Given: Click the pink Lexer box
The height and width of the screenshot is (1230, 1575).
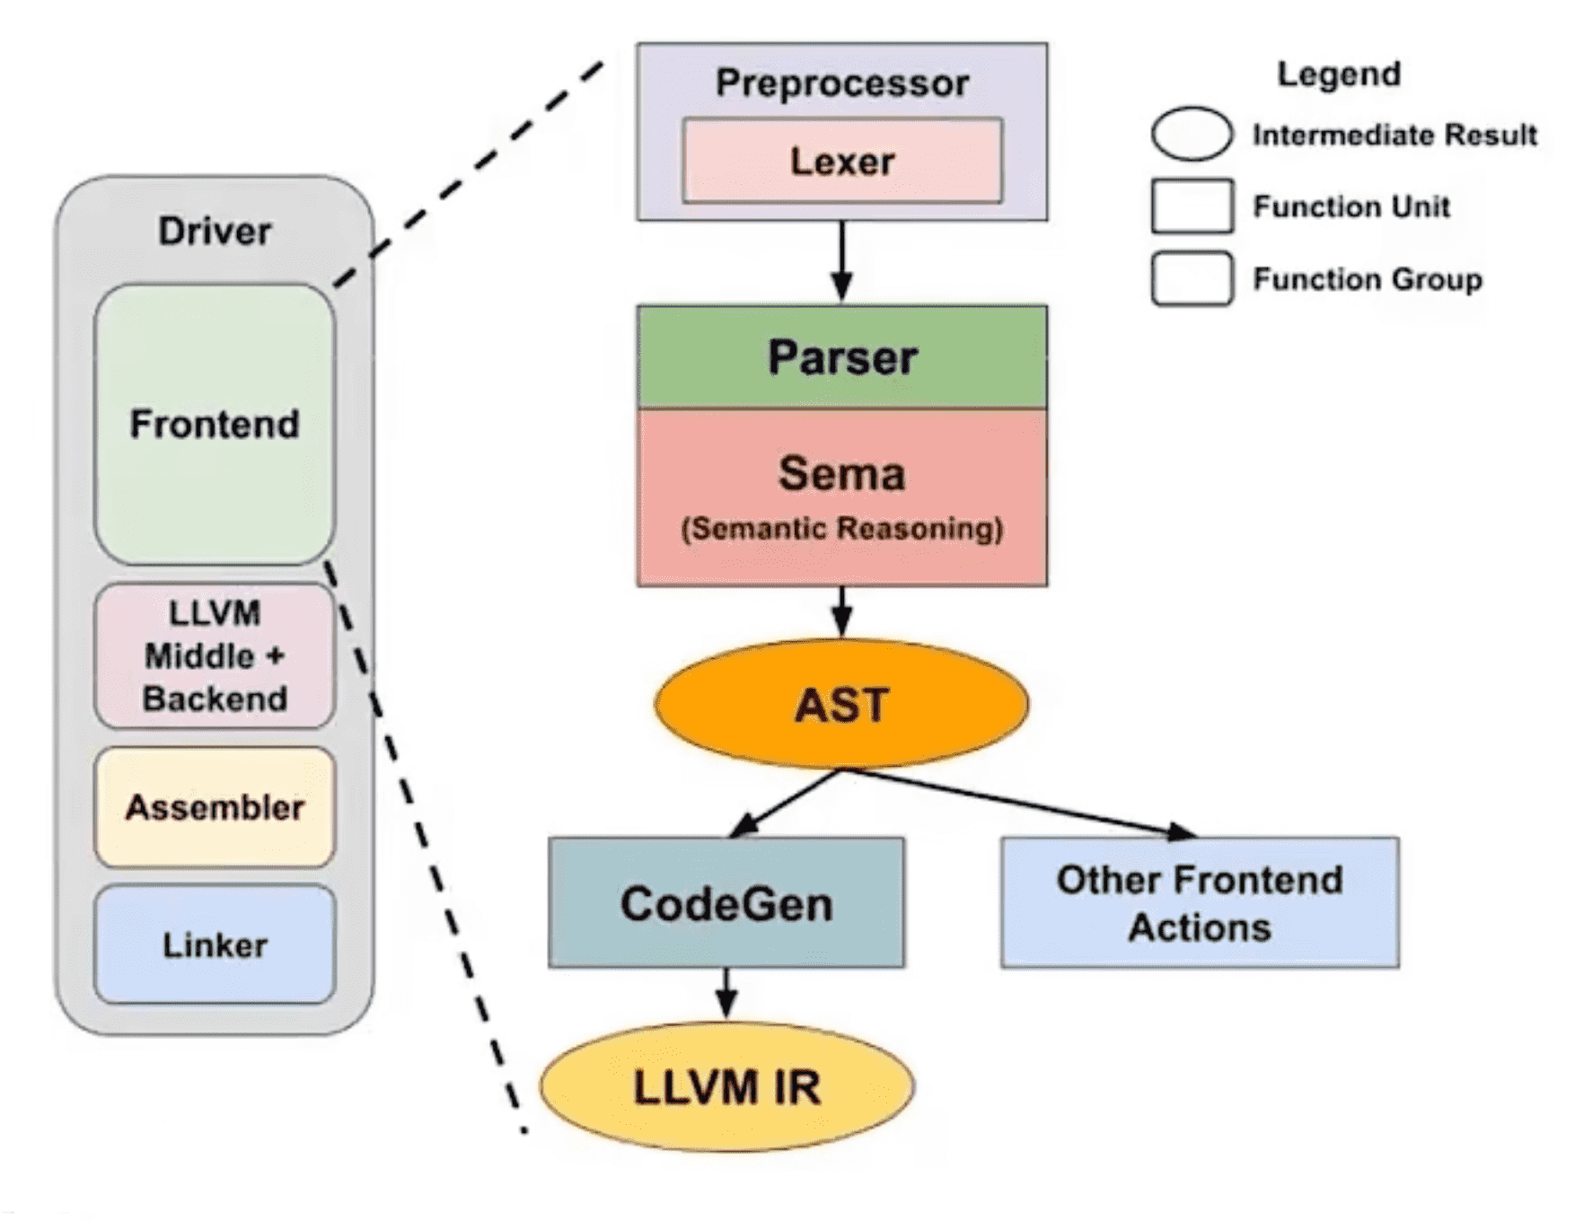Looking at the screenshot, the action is tap(842, 161).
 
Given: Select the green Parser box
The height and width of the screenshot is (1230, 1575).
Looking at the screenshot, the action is tap(842, 356).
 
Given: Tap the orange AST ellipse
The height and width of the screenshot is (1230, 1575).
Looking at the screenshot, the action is tap(841, 704).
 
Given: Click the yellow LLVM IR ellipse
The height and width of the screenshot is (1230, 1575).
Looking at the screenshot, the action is tap(726, 1086).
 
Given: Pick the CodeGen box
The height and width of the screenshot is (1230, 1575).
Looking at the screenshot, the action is tap(726, 902).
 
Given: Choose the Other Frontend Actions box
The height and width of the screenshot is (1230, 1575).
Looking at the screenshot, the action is tap(1200, 902).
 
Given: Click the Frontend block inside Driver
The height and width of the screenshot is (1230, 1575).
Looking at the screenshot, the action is tap(215, 424).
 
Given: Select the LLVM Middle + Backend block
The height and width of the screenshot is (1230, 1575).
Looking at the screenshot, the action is tap(215, 655).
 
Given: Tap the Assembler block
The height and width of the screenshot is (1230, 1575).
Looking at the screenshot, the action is tap(215, 807).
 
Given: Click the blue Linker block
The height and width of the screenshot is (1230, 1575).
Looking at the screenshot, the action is tap(215, 944).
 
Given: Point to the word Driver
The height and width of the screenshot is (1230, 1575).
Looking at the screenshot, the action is tap(215, 231).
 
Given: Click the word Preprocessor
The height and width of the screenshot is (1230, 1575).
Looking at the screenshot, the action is tap(842, 83).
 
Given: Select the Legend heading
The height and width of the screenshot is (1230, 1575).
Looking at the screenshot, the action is tap(1339, 74).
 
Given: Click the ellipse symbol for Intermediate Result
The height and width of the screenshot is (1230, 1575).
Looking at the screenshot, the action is tap(1192, 135).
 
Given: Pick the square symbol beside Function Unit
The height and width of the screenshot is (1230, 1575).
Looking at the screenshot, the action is tap(1192, 206).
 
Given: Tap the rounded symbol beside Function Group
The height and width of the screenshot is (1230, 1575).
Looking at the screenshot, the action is tap(1192, 279).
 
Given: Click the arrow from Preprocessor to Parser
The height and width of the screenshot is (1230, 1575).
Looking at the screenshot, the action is tap(841, 261).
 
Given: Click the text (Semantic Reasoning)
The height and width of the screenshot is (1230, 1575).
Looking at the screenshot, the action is tap(842, 529).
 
